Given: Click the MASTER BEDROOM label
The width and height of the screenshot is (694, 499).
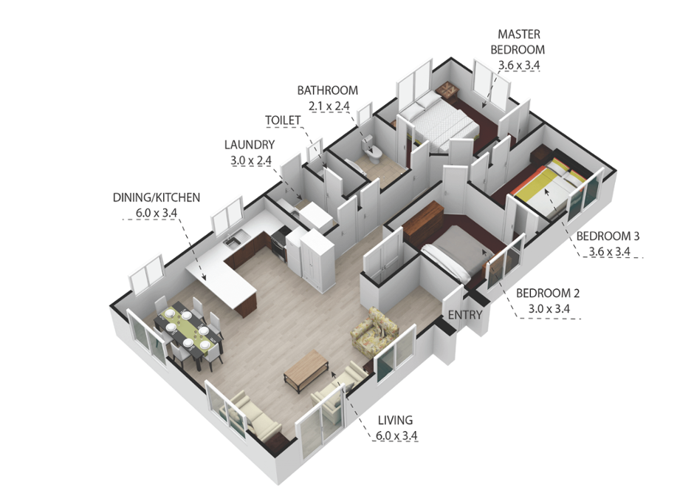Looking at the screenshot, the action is pyautogui.click(x=518, y=41).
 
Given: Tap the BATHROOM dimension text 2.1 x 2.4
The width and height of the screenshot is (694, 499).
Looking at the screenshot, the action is pyautogui.click(x=329, y=106).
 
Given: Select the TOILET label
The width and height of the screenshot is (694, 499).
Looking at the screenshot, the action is pyautogui.click(x=283, y=120).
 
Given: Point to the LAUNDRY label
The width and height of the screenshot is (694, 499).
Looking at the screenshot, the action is pyautogui.click(x=250, y=144).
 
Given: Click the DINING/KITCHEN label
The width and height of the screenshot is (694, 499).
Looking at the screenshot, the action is pyautogui.click(x=157, y=197).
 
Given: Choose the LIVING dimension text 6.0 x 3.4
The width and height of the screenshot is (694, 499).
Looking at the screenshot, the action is pyautogui.click(x=396, y=435).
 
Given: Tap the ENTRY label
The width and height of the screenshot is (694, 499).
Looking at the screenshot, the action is pyautogui.click(x=464, y=315).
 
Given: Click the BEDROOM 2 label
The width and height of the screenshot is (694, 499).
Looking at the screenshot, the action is pyautogui.click(x=548, y=293).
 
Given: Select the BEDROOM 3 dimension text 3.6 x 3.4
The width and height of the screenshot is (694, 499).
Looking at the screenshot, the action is pyautogui.click(x=609, y=251).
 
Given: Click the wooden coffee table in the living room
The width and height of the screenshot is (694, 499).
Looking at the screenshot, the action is pyautogui.click(x=306, y=371).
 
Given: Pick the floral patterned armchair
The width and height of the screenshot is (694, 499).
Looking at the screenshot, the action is pyautogui.click(x=374, y=331).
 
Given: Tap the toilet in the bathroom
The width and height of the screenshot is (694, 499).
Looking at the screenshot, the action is pyautogui.click(x=372, y=150).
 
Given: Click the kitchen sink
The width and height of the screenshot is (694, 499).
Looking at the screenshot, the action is pyautogui.click(x=232, y=240).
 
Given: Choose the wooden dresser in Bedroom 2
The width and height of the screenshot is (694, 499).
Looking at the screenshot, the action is pyautogui.click(x=424, y=224).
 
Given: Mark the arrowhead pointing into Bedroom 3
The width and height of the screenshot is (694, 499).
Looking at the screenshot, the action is pyautogui.click(x=547, y=192).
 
